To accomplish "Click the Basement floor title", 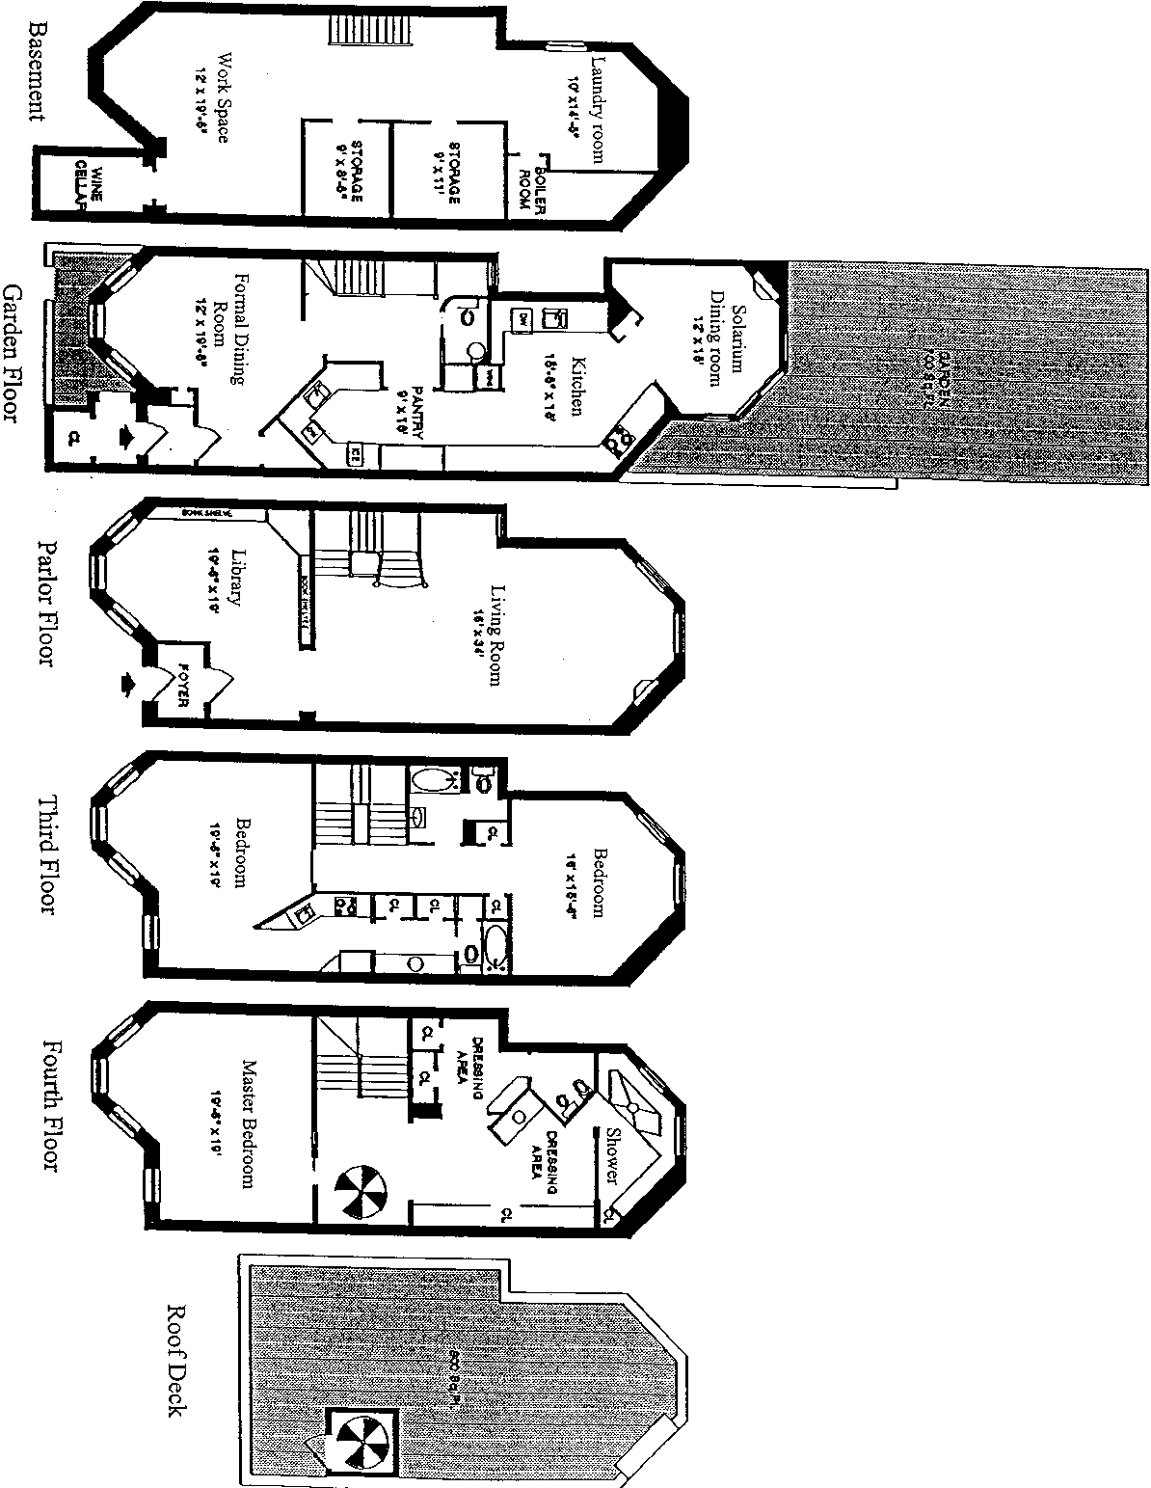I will tap(36, 72).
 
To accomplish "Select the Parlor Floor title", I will tap(45, 602).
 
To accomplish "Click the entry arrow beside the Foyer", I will tap(126, 683).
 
